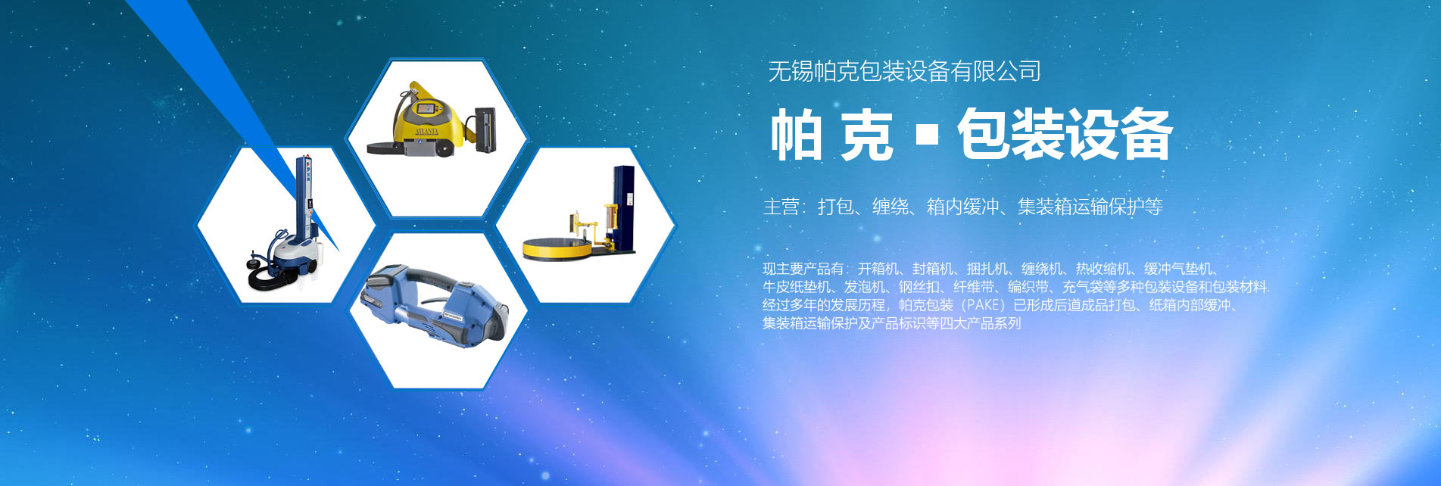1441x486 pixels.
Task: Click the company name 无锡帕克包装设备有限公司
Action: tap(904, 71)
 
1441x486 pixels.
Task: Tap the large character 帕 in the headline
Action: tap(796, 135)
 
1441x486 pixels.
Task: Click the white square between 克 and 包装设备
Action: tap(927, 135)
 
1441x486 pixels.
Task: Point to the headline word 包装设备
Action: tap(1065, 135)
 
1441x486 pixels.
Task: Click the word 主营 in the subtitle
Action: tap(781, 207)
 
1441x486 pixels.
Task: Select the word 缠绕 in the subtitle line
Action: tap(890, 207)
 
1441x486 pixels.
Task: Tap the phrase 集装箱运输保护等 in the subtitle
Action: tap(1090, 207)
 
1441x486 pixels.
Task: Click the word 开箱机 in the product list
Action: tap(878, 269)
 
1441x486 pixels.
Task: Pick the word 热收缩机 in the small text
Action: tap(1103, 269)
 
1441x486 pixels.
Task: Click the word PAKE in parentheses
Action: tap(984, 305)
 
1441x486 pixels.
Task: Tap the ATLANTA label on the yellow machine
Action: tap(426, 131)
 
